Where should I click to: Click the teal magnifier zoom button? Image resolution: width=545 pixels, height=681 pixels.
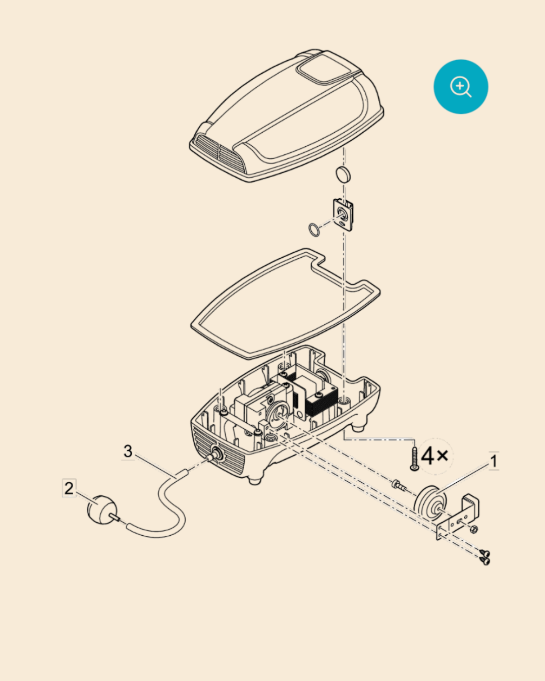461,86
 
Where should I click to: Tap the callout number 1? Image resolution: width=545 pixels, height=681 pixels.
494,461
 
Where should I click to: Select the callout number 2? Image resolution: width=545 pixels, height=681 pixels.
69,488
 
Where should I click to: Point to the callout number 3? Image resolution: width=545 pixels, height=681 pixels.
128,451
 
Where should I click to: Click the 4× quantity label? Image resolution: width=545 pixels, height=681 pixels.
435,457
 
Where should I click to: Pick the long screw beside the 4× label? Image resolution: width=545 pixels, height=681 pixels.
414,458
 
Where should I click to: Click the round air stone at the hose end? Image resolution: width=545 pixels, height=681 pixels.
102,510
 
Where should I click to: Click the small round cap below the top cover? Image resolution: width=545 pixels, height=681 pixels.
343,175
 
